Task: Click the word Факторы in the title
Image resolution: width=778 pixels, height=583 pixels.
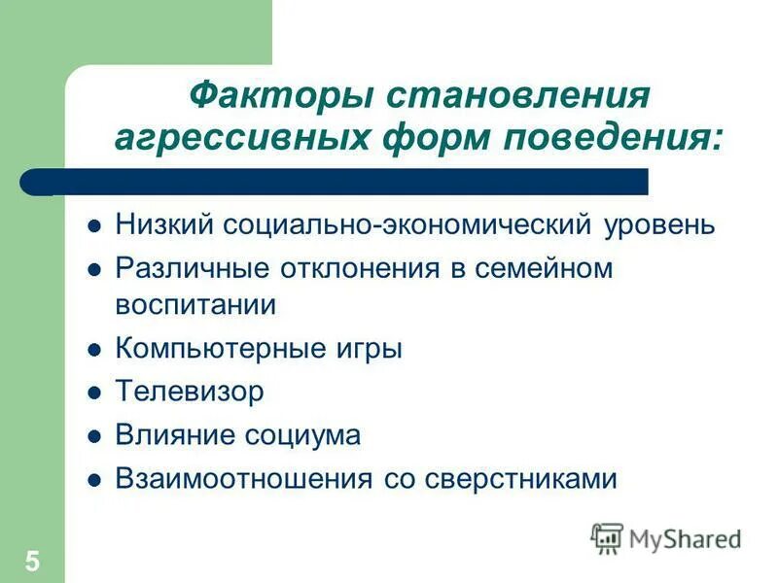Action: tap(277, 96)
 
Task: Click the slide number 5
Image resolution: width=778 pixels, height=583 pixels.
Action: tap(33, 561)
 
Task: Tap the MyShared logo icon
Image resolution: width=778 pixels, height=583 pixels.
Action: tap(607, 537)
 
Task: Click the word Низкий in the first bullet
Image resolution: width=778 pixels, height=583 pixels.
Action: tap(164, 225)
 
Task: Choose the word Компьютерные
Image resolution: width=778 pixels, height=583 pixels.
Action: tap(208, 349)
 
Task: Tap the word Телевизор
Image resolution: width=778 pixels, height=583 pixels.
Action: tap(189, 392)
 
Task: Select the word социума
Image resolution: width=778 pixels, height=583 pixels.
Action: tap(309, 435)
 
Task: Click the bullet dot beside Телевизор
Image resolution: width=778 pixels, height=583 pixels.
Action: tap(94, 394)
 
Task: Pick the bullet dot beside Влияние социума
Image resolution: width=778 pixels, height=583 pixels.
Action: tap(94, 437)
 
